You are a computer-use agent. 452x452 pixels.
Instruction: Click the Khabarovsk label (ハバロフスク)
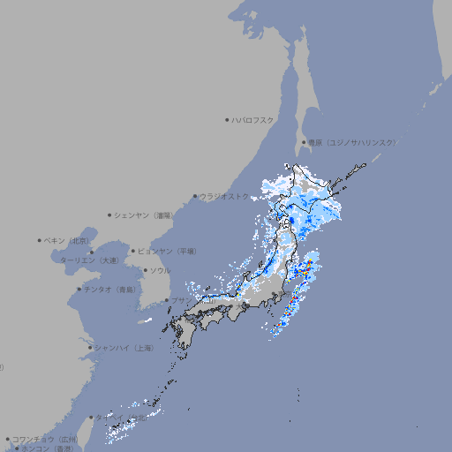tap(254, 119)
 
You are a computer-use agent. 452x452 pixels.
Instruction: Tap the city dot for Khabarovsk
tap(228, 119)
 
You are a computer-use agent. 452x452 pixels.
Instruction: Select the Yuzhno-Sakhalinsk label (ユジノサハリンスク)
tap(351, 142)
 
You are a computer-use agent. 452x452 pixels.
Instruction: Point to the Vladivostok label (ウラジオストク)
tap(224, 196)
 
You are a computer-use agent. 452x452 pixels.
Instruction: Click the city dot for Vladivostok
tap(195, 196)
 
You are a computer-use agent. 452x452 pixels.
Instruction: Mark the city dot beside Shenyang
tap(109, 215)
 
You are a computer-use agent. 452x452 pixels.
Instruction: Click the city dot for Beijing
tap(40, 240)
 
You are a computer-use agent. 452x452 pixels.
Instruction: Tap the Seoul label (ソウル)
tap(160, 270)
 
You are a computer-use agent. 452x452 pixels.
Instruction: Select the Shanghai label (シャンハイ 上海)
tap(124, 348)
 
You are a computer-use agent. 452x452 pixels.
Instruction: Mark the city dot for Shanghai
tap(90, 348)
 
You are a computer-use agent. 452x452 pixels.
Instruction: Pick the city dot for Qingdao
tap(79, 289)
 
